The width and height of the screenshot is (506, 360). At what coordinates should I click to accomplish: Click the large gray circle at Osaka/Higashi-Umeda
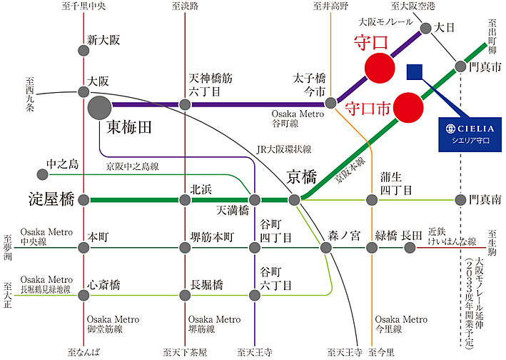tap(98, 109)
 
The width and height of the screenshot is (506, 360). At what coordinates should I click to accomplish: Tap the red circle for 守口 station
tap(380, 69)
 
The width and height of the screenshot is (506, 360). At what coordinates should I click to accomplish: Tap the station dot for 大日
tap(426, 29)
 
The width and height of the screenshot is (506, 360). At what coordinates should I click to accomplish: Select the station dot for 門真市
tap(461, 67)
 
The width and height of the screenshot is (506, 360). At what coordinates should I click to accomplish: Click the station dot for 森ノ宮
tap(326, 248)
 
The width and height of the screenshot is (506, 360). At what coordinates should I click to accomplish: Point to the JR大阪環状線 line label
tap(283, 149)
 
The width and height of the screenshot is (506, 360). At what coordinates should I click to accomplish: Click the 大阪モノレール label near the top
tap(386, 22)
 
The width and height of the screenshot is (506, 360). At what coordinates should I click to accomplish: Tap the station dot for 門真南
tap(461, 199)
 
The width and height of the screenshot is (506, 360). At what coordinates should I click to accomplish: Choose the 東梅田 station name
tap(131, 128)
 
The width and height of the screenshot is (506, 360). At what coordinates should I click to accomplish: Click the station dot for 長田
tap(410, 248)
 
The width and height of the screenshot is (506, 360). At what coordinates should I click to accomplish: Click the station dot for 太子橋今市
tap(330, 104)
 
